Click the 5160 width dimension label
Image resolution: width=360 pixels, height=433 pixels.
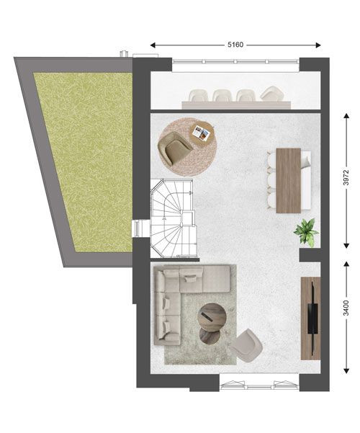(235, 45)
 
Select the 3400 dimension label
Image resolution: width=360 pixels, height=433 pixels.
(346, 308)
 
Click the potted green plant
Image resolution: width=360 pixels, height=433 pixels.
(306, 232)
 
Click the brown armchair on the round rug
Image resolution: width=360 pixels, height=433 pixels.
(175, 148)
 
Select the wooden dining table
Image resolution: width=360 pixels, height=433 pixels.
(288, 181)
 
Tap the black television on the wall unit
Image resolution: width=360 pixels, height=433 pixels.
(312, 318)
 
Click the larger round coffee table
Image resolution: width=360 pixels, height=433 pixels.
(212, 316)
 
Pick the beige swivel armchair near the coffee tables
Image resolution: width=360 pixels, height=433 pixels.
(246, 346)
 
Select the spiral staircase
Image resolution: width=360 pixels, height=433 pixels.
(173, 218)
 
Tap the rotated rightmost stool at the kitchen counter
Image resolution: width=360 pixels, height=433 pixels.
(272, 94)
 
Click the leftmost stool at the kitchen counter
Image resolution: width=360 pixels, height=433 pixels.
(198, 96)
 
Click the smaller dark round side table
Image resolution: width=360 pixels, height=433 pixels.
(210, 336)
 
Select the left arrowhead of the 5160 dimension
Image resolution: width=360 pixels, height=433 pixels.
(153, 45)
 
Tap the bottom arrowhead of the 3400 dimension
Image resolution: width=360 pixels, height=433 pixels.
(346, 370)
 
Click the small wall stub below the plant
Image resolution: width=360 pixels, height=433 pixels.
(310, 255)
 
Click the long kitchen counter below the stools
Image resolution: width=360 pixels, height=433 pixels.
(236, 105)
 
